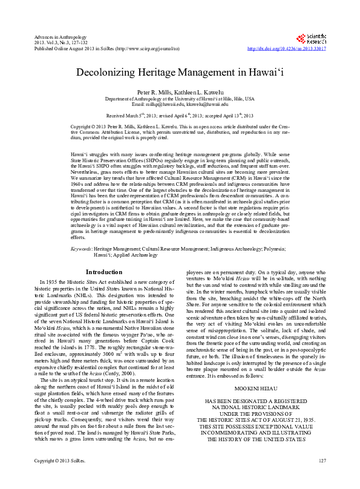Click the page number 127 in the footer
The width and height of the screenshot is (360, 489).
click(321, 478)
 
